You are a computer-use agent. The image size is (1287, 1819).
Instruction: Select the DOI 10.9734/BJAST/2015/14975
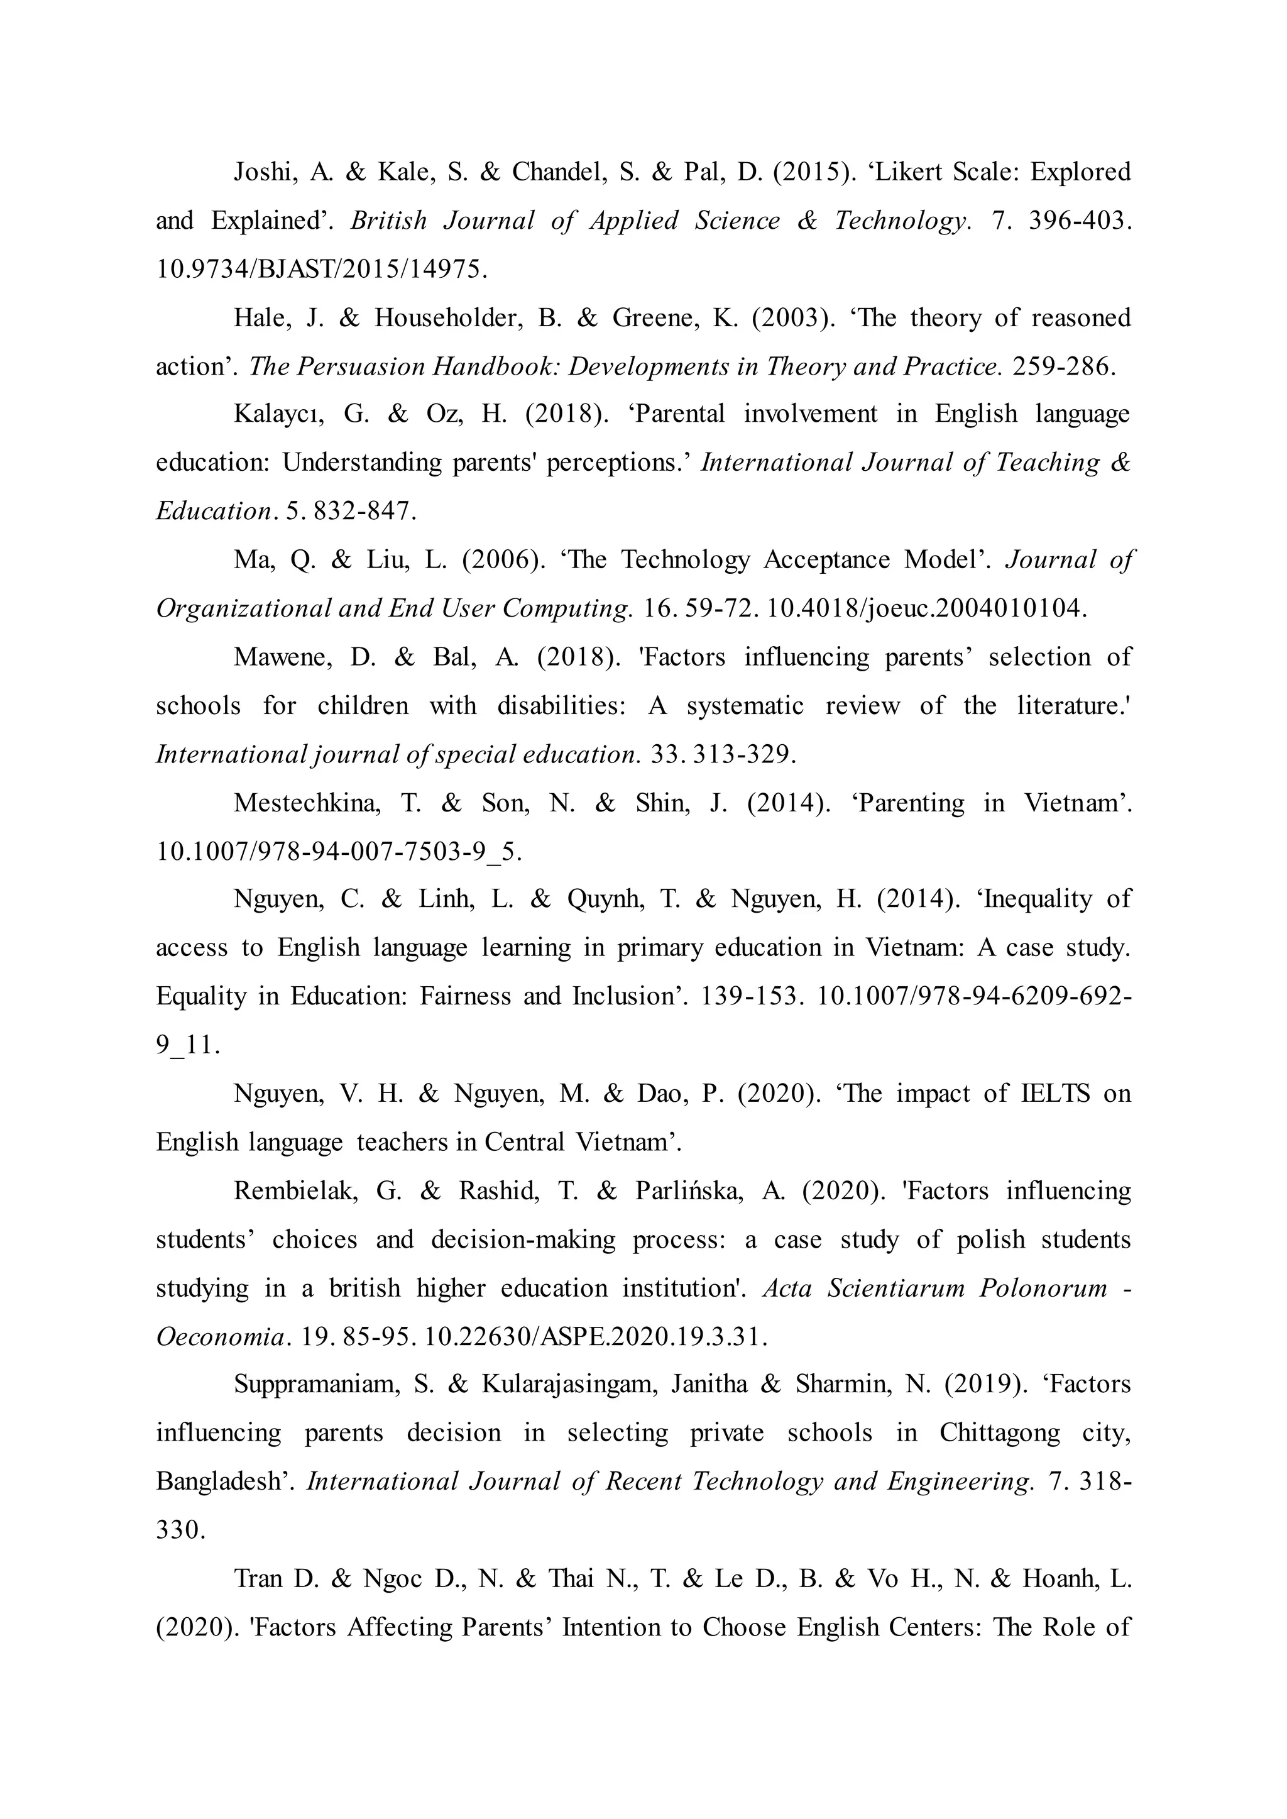[321, 270]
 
